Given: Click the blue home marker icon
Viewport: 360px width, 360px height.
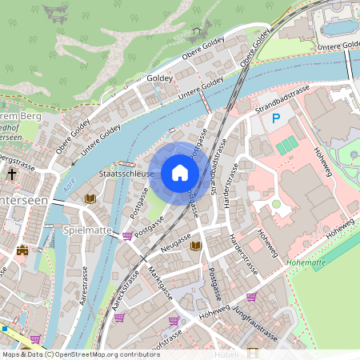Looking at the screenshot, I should tap(180, 173).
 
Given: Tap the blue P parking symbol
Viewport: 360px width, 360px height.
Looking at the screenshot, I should tap(276, 119).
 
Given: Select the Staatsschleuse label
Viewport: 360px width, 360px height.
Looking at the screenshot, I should tap(126, 172).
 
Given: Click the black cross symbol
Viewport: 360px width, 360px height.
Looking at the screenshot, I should tap(12, 173).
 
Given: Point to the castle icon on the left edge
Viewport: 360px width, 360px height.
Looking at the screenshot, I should tap(22, 250).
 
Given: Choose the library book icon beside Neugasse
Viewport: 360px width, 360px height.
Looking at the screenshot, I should tap(195, 246).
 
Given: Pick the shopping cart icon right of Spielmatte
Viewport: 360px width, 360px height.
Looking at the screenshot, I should tap(127, 236).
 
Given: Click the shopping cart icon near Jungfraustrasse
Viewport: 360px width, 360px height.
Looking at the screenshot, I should tap(251, 297).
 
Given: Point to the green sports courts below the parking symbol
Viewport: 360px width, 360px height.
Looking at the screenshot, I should tap(286, 145).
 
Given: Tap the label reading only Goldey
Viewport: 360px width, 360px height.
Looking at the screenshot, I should tap(160, 78).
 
